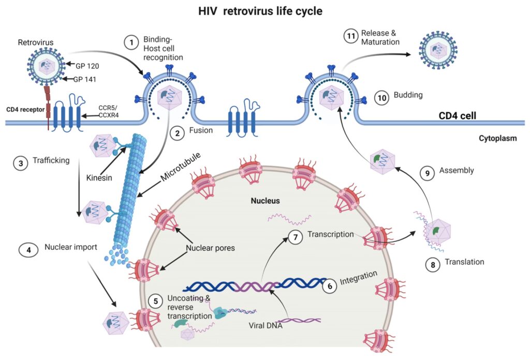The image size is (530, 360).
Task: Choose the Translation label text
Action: [x=464, y=262]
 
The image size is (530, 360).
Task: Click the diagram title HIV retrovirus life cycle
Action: [x=265, y=10]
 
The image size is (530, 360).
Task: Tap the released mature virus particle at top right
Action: [x=438, y=50]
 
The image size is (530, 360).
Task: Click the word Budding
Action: [x=408, y=95]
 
